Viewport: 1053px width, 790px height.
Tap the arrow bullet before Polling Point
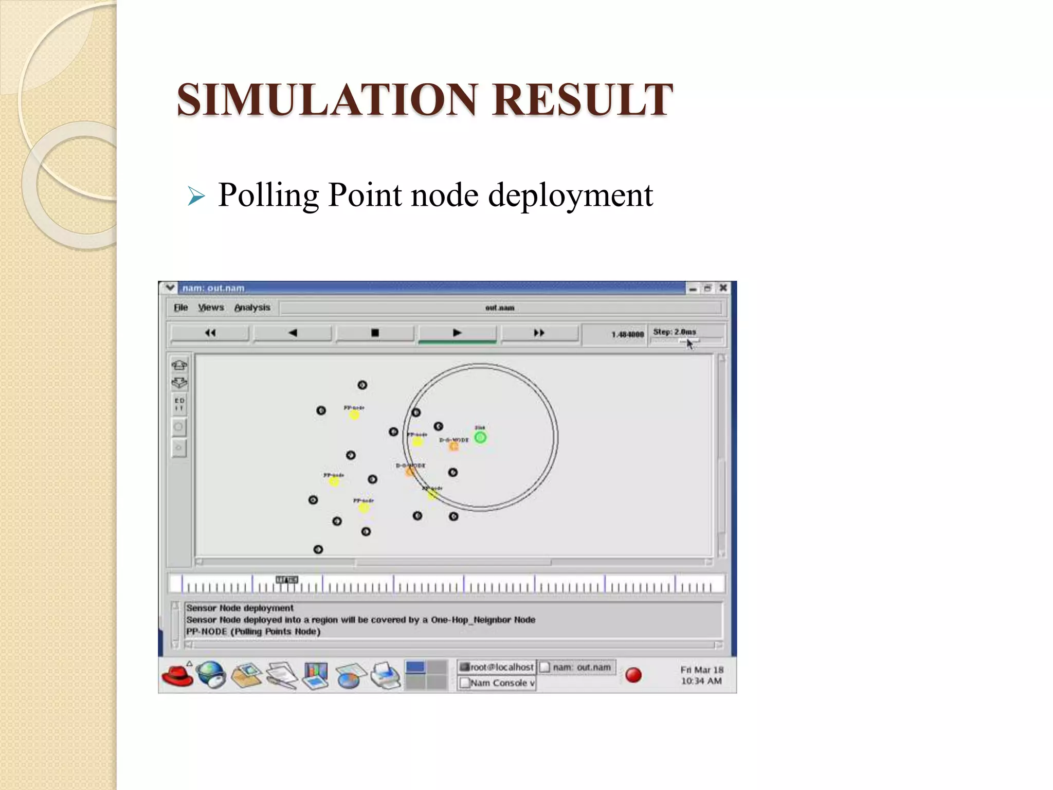pyautogui.click(x=196, y=196)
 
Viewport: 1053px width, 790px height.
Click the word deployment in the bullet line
pyautogui.click(x=570, y=195)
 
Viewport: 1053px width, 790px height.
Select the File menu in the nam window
pyautogui.click(x=180, y=308)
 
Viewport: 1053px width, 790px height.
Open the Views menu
pyautogui.click(x=211, y=308)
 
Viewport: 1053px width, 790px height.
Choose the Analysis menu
pyautogui.click(x=252, y=308)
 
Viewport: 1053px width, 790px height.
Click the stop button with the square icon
pyautogui.click(x=375, y=333)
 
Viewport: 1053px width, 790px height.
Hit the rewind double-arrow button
pyautogui.click(x=210, y=333)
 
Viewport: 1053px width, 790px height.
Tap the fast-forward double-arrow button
pyautogui.click(x=539, y=333)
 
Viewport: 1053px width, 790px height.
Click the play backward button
pyautogui.click(x=293, y=333)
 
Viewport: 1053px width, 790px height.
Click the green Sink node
pyautogui.click(x=480, y=438)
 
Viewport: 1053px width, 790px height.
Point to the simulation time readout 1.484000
pyautogui.click(x=627, y=334)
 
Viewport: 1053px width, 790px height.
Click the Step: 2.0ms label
pyautogui.click(x=674, y=332)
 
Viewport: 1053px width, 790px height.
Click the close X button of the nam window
pyautogui.click(x=723, y=288)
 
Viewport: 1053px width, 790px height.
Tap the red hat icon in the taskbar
pyautogui.click(x=177, y=675)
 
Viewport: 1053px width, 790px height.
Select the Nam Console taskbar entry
pyautogui.click(x=497, y=683)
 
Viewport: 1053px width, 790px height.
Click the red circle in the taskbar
pyautogui.click(x=633, y=675)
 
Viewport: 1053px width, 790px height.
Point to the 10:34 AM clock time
pyautogui.click(x=701, y=681)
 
